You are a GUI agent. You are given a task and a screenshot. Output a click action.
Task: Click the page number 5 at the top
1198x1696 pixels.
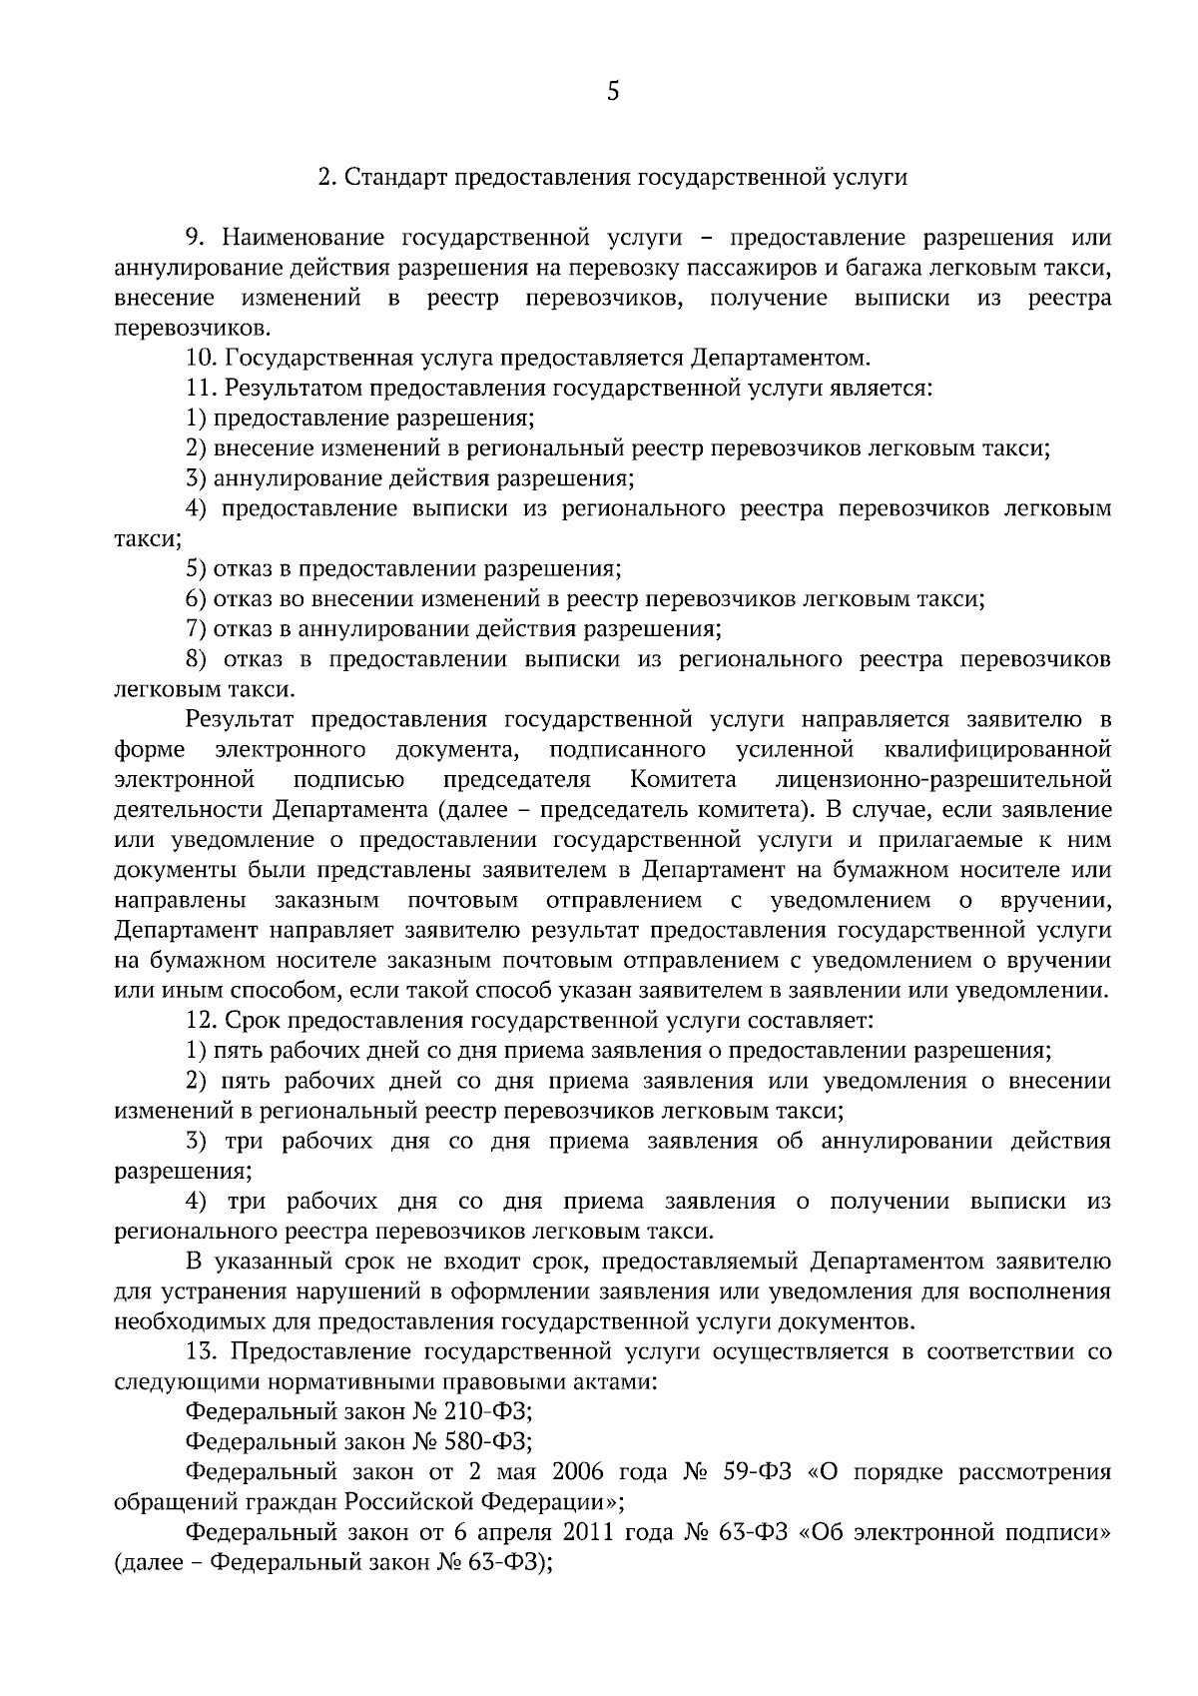tap(613, 93)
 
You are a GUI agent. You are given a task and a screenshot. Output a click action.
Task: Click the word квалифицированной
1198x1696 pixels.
tap(997, 749)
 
